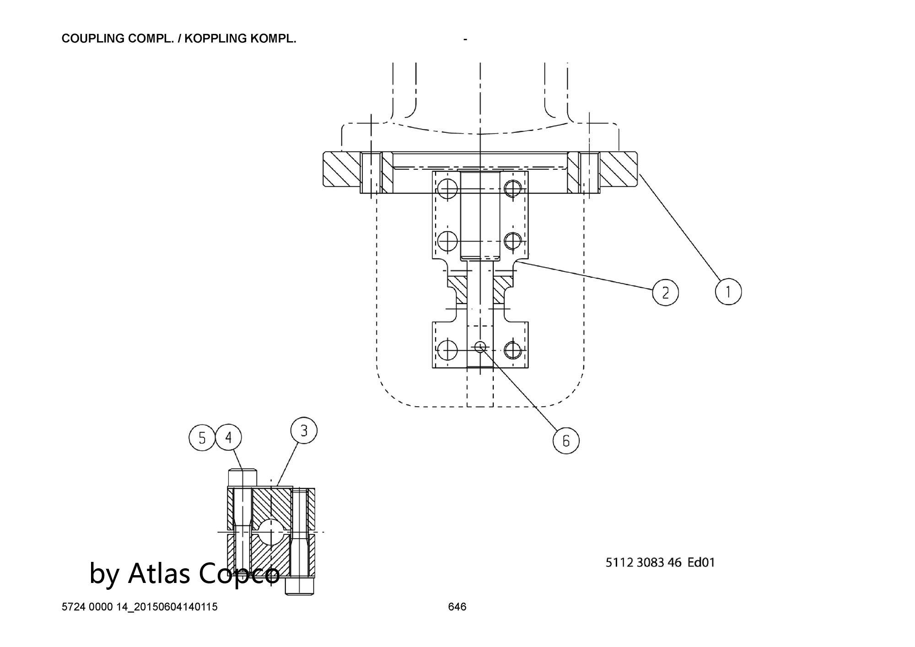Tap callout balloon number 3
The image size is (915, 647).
point(304,431)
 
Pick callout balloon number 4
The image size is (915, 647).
point(229,438)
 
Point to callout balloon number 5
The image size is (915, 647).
point(202,438)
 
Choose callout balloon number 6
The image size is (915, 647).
point(566,441)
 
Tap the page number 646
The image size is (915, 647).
point(457,607)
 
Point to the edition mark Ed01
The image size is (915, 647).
point(701,562)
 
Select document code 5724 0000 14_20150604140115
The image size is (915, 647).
point(140,607)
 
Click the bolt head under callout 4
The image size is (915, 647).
point(242,478)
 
